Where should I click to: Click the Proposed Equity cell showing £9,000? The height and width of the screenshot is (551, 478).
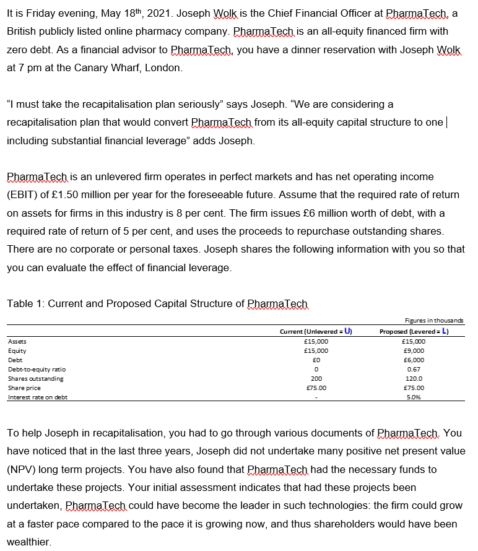pyautogui.click(x=412, y=350)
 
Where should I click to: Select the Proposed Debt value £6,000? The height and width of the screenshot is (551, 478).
pyautogui.click(x=412, y=359)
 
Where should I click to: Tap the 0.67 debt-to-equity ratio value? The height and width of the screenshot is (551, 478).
pyautogui.click(x=413, y=369)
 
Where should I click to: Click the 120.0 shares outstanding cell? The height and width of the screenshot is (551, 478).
pyautogui.click(x=413, y=378)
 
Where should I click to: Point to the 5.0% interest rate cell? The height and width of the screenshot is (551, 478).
pyautogui.click(x=413, y=397)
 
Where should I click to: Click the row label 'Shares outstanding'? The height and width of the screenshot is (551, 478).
pyautogui.click(x=35, y=378)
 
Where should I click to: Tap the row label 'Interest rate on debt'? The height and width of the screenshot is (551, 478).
pyautogui.click(x=38, y=397)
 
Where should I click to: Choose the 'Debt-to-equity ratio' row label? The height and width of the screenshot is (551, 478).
pyautogui.click(x=37, y=369)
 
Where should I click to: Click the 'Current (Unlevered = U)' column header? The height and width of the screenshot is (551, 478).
pyautogui.click(x=316, y=331)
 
